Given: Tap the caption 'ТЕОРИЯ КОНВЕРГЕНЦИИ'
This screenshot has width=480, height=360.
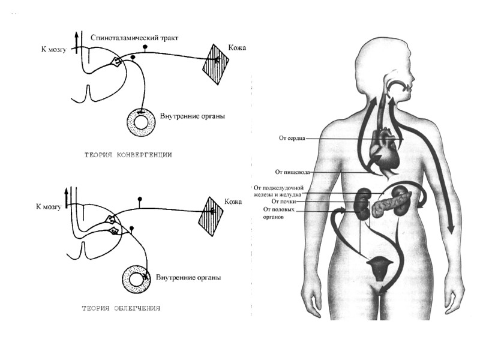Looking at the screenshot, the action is pos(130,155).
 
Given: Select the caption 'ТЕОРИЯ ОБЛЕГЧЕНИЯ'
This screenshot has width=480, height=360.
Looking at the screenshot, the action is pos(121,308).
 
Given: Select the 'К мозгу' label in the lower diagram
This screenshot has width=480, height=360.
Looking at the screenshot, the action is pos(50,206).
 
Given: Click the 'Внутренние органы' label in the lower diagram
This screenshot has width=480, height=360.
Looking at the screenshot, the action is pos(188,278).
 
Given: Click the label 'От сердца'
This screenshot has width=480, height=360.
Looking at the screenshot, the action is pos(293,138).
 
